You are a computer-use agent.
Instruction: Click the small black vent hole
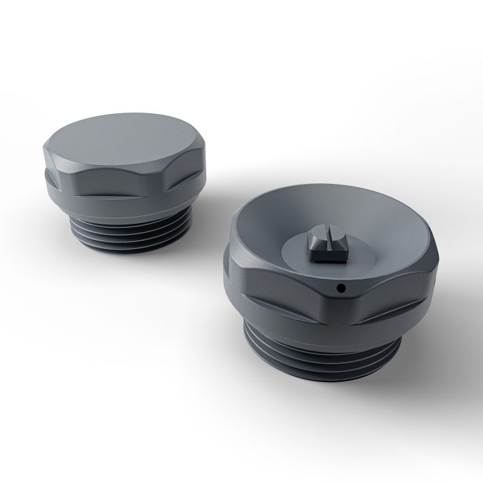pos(340,288)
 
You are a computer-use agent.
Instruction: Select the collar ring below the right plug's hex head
pos(305,326)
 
